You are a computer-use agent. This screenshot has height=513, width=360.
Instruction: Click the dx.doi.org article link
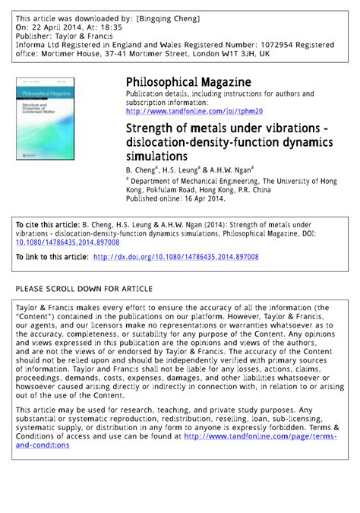click(x=175, y=258)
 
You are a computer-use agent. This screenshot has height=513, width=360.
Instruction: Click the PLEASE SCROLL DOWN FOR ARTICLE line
click(x=84, y=289)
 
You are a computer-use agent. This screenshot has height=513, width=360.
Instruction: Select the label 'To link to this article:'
click(x=52, y=258)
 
